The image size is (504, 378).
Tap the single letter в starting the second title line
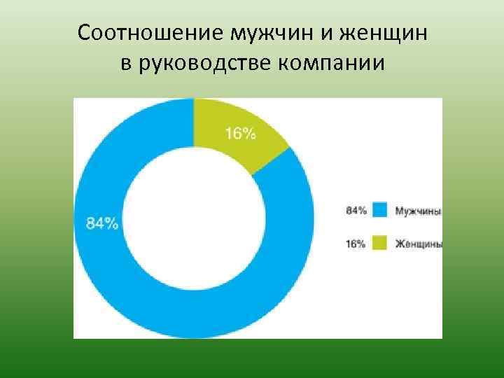(x=126, y=65)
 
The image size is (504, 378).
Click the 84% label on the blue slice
(x=102, y=223)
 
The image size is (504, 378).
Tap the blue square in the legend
(x=379, y=210)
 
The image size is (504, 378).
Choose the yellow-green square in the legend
(x=379, y=244)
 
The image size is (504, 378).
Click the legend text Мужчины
(x=418, y=210)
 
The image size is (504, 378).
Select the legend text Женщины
(x=418, y=244)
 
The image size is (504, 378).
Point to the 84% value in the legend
(x=356, y=210)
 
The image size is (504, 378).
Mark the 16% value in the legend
(x=356, y=244)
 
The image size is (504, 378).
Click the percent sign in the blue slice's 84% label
(x=112, y=223)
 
